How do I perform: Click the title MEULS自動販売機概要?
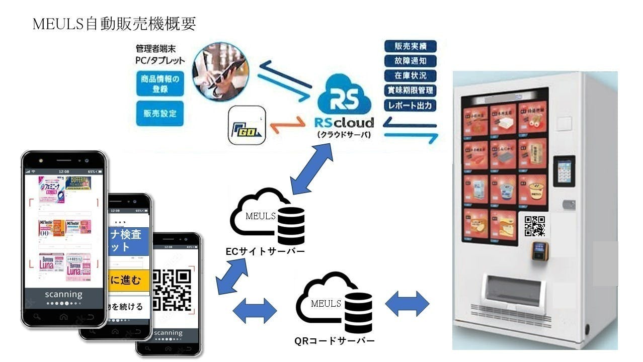tap(114, 24)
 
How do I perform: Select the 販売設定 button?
tap(159, 114)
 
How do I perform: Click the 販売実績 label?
tap(410, 46)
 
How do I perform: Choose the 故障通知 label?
tap(410, 61)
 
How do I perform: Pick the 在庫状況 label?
tap(410, 76)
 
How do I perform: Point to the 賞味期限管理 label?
tap(410, 91)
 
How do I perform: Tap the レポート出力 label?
tap(410, 106)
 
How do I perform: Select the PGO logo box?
tap(247, 125)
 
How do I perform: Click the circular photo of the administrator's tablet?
tap(220, 71)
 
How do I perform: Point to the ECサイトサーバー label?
tap(265, 251)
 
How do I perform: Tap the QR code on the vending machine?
tap(534, 226)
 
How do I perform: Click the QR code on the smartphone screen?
tap(172, 290)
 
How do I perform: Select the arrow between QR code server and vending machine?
tap(407, 304)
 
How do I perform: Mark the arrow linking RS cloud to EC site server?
tap(312, 169)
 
